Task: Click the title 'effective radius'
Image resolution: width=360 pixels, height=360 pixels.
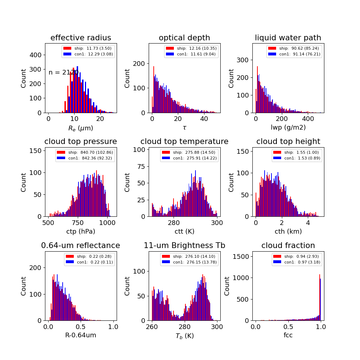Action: [x=81, y=38]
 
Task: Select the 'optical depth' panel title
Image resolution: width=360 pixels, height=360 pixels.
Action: [x=184, y=38]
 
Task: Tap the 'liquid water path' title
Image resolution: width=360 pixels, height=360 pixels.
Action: [x=288, y=38]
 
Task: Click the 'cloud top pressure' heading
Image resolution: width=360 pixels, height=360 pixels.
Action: [x=81, y=141]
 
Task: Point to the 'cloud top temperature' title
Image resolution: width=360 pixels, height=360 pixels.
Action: [x=184, y=141]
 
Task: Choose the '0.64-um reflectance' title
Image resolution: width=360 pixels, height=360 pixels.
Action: [x=81, y=246]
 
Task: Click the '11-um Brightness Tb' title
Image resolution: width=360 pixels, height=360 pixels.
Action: [x=184, y=246]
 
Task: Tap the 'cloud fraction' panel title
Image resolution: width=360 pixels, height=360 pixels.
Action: [x=288, y=246]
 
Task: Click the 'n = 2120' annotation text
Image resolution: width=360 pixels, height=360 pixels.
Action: [x=63, y=72]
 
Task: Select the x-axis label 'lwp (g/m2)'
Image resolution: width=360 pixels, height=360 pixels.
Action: [x=288, y=127]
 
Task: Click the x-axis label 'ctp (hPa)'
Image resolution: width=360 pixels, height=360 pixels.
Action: [x=81, y=231]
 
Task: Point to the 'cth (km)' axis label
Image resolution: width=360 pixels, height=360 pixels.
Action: [x=288, y=231]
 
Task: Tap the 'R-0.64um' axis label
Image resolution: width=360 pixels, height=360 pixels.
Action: [x=81, y=335]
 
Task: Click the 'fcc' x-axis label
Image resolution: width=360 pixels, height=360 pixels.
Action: [x=288, y=335]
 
